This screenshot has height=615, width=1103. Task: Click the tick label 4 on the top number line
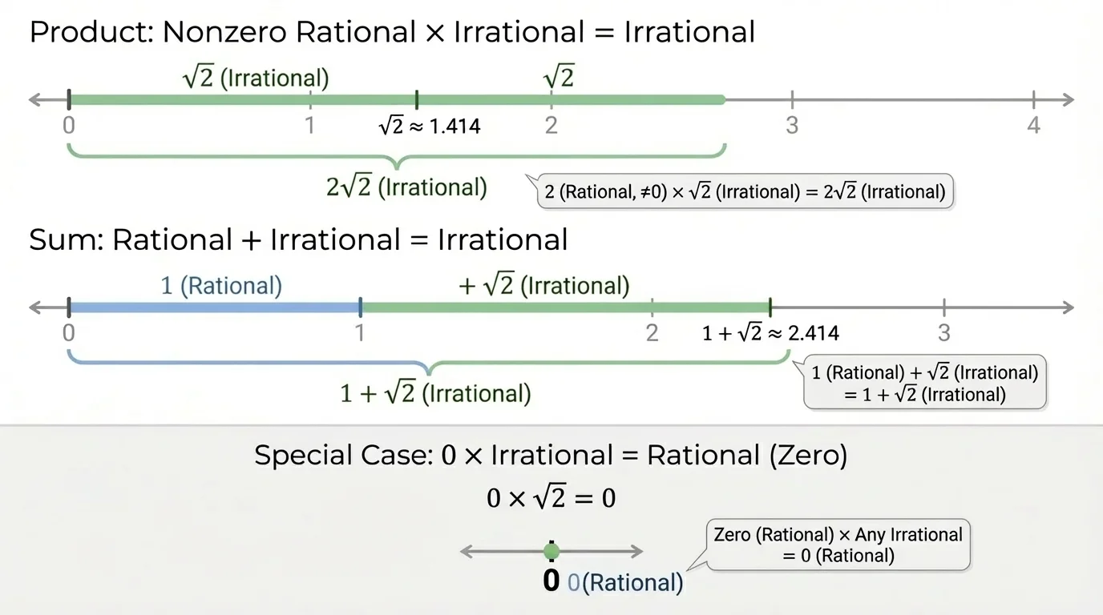click(x=1033, y=126)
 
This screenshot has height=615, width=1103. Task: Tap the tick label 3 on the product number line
click(x=792, y=126)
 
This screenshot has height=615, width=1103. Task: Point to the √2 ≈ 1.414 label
click(x=430, y=126)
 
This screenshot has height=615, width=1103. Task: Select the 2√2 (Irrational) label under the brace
click(x=406, y=187)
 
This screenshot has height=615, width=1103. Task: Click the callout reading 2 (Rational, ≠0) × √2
click(x=745, y=192)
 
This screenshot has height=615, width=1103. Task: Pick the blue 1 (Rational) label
click(x=221, y=286)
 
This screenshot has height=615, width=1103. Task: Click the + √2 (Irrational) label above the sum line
click(x=543, y=286)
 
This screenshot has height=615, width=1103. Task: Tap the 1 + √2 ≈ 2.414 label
click(x=770, y=333)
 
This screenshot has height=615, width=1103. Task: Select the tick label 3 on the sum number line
click(x=944, y=332)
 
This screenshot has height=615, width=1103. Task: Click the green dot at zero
click(x=551, y=552)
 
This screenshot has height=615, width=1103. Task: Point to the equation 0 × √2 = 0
click(x=551, y=498)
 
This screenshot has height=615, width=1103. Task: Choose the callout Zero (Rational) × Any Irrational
click(x=838, y=545)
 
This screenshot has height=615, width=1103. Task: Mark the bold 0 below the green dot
click(x=551, y=581)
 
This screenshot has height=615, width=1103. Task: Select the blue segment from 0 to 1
click(x=215, y=307)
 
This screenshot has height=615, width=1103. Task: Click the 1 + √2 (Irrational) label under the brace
click(x=435, y=394)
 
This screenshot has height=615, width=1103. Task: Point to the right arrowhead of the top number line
click(x=1068, y=100)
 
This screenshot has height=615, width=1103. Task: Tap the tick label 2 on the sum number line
click(x=652, y=332)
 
